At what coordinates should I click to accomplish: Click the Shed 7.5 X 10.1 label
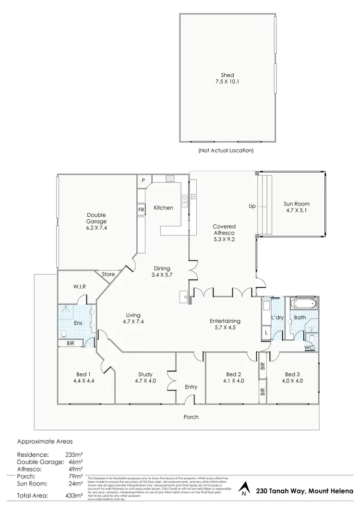227,78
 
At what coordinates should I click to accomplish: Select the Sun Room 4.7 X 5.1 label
296,207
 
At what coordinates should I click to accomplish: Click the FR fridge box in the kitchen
141,210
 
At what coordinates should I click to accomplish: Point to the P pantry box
143,180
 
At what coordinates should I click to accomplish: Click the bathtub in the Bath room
302,304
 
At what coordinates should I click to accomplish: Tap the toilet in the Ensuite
65,333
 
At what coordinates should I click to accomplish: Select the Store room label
108,274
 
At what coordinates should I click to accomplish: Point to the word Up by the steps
252,206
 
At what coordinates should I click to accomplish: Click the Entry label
191,387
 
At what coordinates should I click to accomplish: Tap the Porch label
191,417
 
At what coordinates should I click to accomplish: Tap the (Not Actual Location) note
226,150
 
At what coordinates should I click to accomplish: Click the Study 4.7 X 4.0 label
145,378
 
